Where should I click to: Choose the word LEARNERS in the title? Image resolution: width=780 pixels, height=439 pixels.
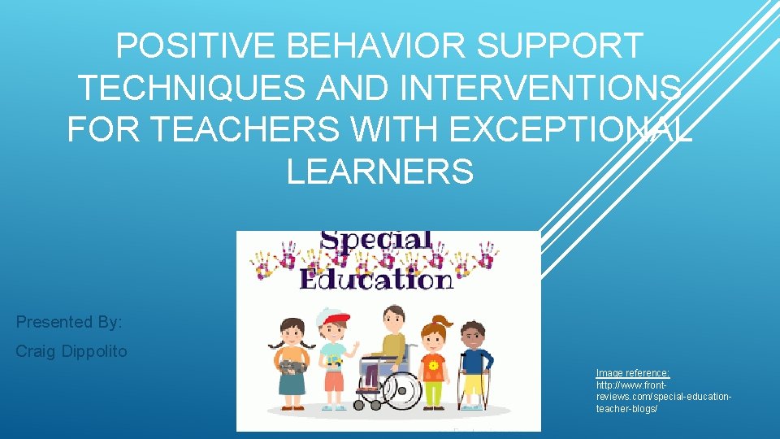(x=379, y=171)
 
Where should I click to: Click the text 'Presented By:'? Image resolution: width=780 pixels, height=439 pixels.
(x=69, y=322)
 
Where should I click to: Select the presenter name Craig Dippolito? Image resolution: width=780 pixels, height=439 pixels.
(x=71, y=352)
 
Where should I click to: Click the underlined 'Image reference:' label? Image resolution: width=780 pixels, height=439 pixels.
(x=633, y=373)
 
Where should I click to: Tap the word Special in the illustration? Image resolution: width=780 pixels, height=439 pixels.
(x=376, y=241)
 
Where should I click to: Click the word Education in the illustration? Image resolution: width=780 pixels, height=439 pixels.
(x=375, y=279)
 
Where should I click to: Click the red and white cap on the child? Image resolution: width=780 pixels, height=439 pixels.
(x=336, y=317)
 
